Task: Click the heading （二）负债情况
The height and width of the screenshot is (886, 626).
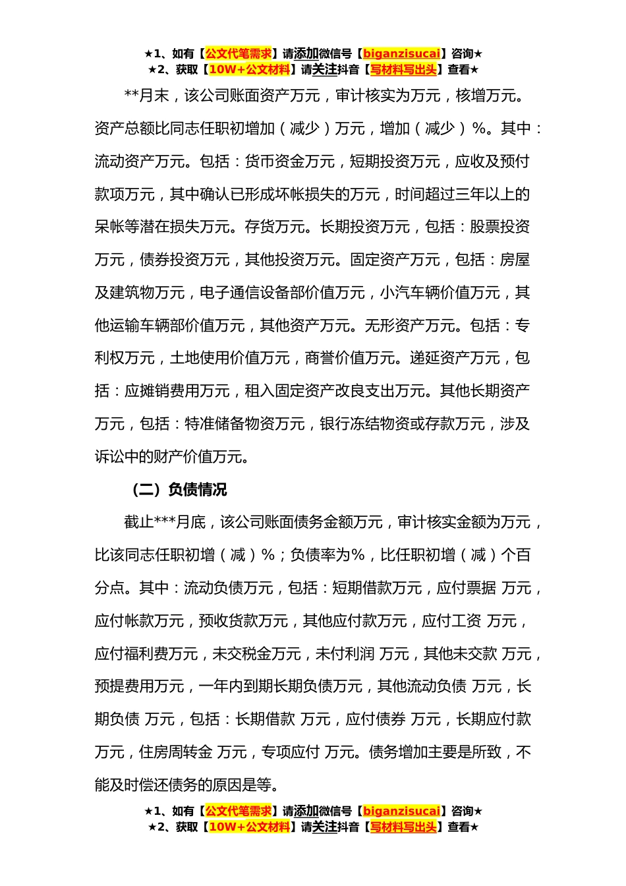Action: coord(179,490)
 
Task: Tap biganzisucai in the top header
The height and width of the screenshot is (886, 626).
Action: coord(401,53)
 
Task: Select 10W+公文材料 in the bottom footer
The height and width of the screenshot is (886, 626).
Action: coord(249,827)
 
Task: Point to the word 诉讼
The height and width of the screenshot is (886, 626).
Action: coord(110,456)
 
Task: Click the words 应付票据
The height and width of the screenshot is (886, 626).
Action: coord(467,588)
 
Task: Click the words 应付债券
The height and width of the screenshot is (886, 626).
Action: coord(376,719)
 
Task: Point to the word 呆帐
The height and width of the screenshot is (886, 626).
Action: coord(110,227)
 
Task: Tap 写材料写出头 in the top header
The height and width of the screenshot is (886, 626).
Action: coord(404,69)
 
